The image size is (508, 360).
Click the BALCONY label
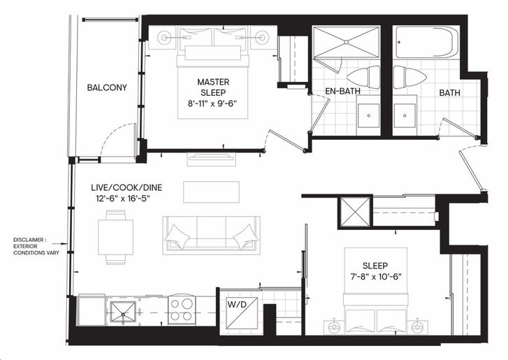(x=107, y=87)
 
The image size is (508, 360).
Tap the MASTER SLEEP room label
(x=213, y=87)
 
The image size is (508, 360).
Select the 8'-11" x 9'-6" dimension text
(x=213, y=103)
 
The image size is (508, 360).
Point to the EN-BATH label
(x=342, y=91)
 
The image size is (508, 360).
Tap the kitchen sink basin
(x=123, y=312)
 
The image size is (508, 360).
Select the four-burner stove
(x=182, y=310)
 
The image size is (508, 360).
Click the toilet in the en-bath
(x=363, y=77)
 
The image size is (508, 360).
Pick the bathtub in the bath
(x=427, y=43)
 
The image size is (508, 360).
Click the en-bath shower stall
(x=346, y=42)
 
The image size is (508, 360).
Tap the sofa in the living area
(x=211, y=236)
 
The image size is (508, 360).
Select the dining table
(x=116, y=237)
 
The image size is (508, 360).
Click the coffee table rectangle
(x=211, y=192)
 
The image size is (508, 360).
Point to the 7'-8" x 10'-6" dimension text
(x=375, y=277)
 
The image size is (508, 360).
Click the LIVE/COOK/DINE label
(x=126, y=187)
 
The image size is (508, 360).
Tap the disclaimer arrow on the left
(x=59, y=243)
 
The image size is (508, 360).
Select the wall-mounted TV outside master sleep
(x=211, y=158)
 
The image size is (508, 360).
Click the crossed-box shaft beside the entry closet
(x=355, y=212)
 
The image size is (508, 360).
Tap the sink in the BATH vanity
(x=405, y=115)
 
